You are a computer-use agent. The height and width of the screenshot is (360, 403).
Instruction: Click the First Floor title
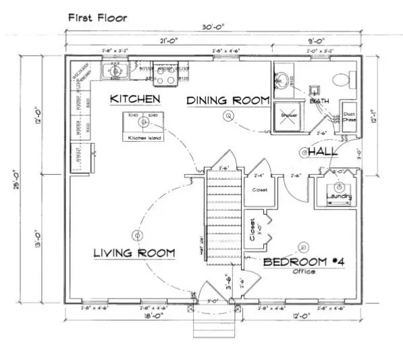(97, 16)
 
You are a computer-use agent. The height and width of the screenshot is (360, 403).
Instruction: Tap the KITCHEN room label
(136, 99)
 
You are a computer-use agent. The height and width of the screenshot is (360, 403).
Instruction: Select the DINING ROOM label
(227, 100)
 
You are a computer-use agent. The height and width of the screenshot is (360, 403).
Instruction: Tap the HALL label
(323, 153)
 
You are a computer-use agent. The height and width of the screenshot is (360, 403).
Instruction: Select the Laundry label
(339, 197)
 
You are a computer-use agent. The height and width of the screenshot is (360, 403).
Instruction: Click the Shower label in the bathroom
(289, 115)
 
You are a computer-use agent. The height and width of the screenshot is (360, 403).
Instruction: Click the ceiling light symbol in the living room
(137, 236)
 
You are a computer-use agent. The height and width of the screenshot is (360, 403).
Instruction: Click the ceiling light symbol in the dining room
(230, 116)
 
